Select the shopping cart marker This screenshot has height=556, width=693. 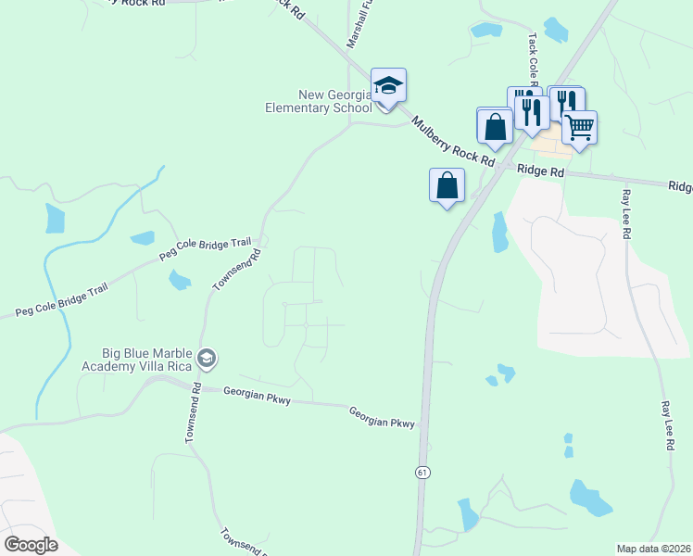click(x=580, y=127)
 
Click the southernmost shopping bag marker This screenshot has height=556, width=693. click(x=447, y=184)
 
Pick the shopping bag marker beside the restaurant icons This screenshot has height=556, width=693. click(x=495, y=125)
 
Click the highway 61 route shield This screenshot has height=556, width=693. click(x=422, y=472)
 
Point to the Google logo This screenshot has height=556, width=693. click(x=31, y=544)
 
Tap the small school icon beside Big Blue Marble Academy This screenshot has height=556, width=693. click(x=208, y=357)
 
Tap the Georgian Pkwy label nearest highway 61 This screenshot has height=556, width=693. click(x=383, y=417)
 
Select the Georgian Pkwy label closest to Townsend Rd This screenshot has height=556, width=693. click(x=258, y=396)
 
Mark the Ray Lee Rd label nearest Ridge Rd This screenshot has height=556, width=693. click(x=626, y=215)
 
